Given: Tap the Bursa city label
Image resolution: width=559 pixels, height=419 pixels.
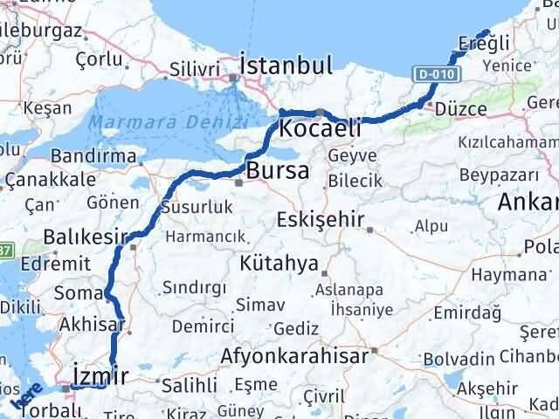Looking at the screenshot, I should pyautogui.click(x=277, y=171).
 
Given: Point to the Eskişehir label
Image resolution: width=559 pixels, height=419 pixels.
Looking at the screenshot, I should pyautogui.click(x=320, y=219).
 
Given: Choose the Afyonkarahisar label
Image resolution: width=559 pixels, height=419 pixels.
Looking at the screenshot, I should pyautogui.click(x=296, y=356).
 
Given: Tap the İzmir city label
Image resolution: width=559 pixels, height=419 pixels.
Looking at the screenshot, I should pyautogui.click(x=102, y=375).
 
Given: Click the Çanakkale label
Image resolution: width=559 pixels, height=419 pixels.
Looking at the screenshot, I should pyautogui.click(x=50, y=179).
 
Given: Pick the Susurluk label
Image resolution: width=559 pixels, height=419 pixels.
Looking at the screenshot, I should pyautogui.click(x=197, y=207).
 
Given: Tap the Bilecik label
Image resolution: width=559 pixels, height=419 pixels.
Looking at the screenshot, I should pyautogui.click(x=355, y=181).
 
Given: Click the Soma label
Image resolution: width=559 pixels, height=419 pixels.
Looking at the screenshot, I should pyautogui.click(x=79, y=292).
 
